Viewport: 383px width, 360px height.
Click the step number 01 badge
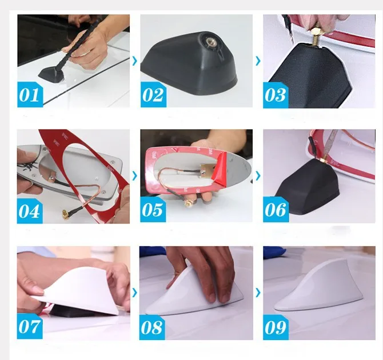click(x=30, y=94)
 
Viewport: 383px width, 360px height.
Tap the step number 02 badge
click(x=153, y=94)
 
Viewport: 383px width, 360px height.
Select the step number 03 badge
click(x=276, y=95)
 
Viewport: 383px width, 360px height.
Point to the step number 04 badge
click(x=30, y=211)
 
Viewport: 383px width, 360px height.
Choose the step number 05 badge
click(x=153, y=210)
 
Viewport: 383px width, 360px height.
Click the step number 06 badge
click(x=276, y=210)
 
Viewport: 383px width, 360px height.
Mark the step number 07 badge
click(x=30, y=326)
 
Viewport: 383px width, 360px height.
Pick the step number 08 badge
click(x=152, y=327)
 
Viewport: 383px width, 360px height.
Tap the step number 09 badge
click(x=276, y=327)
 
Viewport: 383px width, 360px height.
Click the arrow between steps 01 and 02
click(x=134, y=61)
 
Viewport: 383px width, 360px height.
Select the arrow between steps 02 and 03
click(x=258, y=61)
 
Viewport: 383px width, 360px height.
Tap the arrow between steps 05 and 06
click(x=258, y=175)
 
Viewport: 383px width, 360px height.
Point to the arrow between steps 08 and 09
click(x=258, y=293)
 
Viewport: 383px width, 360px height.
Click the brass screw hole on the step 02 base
click(x=210, y=42)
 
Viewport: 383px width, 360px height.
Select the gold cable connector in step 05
click(x=188, y=202)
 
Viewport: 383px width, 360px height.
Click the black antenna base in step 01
click(x=50, y=74)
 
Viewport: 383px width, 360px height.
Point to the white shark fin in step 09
click(x=318, y=291)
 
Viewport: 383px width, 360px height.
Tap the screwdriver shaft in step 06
click(x=330, y=143)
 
